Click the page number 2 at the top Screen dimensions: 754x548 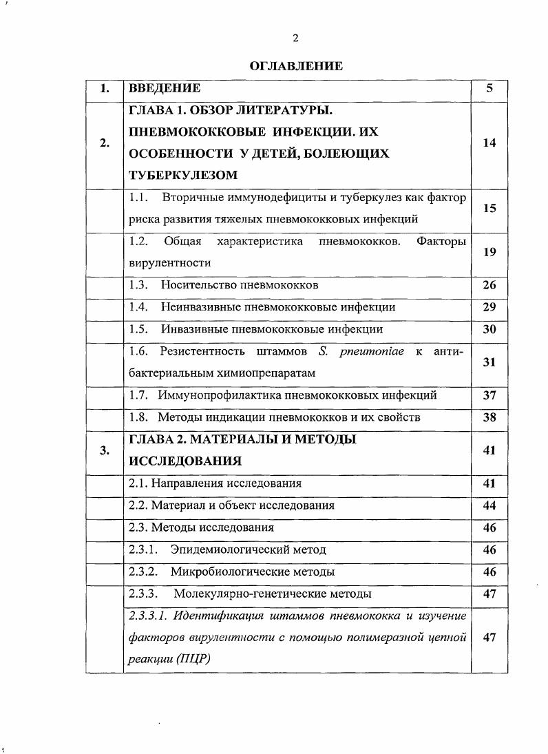(x=295, y=38)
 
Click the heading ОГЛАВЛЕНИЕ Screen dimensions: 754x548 (x=296, y=66)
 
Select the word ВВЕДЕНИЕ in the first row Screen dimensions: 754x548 (x=165, y=88)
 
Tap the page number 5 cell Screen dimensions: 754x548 (x=489, y=88)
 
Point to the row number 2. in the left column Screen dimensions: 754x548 (x=104, y=143)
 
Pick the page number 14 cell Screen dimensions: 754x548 (x=489, y=143)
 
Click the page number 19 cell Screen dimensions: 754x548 (x=489, y=252)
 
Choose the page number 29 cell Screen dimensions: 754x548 (x=489, y=307)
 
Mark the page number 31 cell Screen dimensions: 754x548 (x=489, y=362)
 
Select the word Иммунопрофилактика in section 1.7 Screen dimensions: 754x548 (x=215, y=395)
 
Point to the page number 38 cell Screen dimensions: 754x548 (x=489, y=417)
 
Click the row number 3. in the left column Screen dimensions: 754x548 (x=104, y=450)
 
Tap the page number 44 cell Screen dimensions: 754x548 (x=489, y=505)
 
